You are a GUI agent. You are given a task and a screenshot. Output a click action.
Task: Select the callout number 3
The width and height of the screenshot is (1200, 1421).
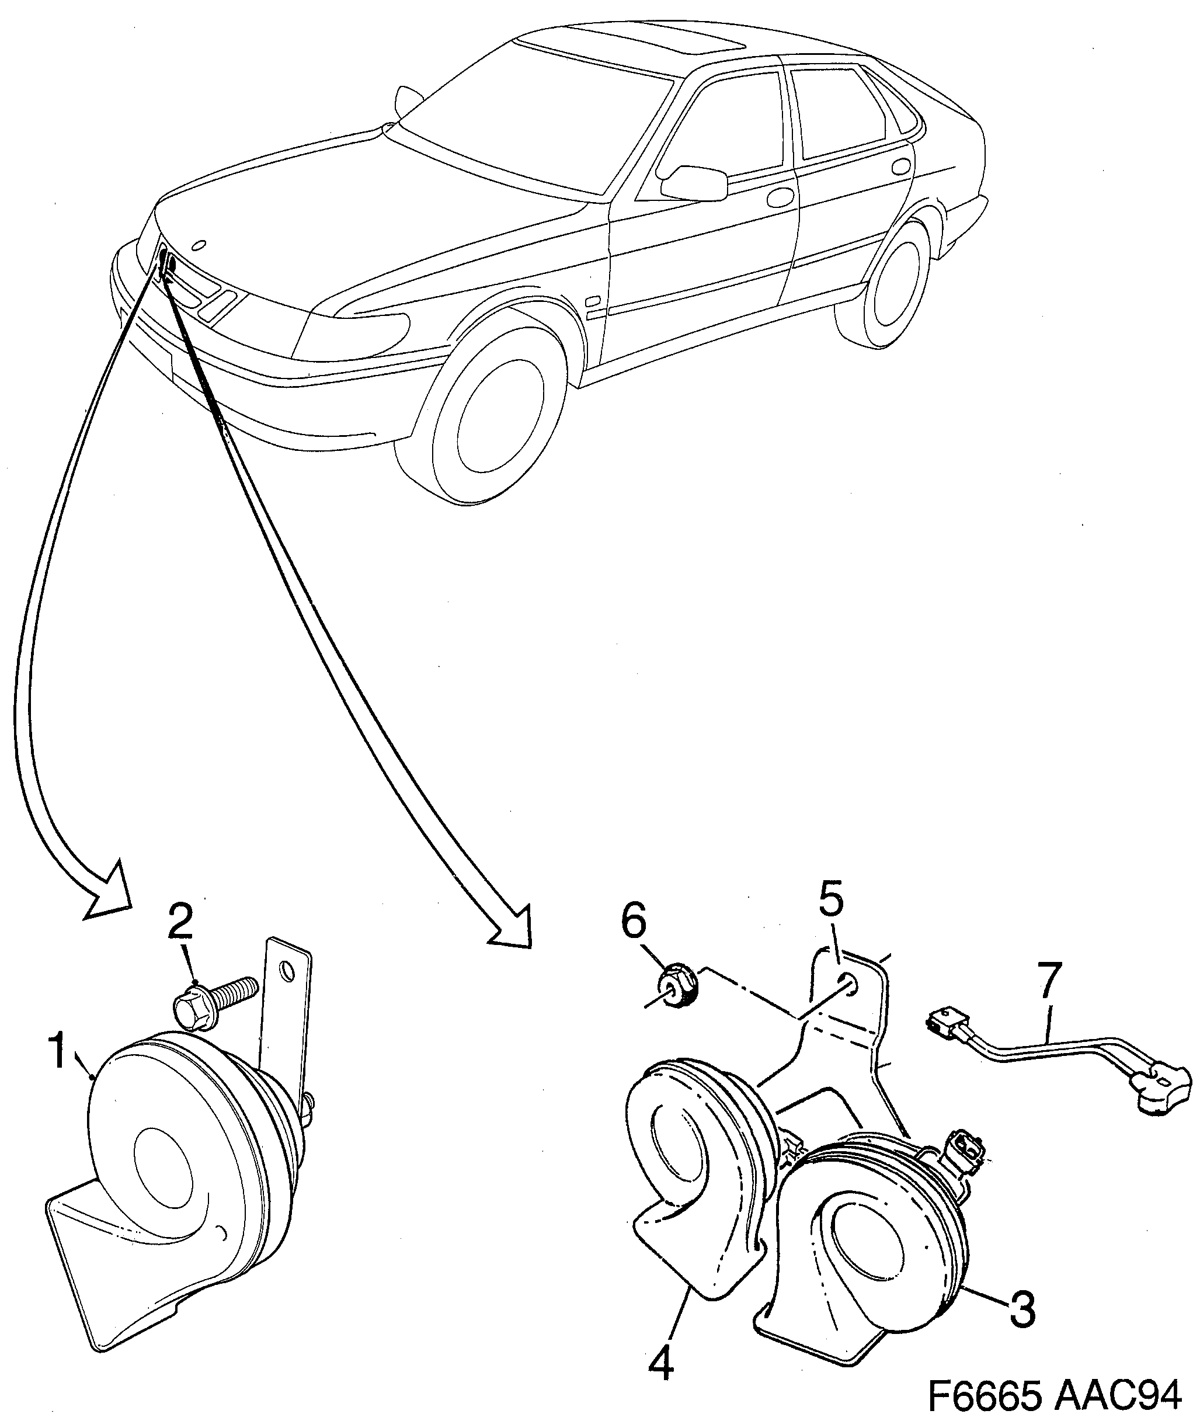pyautogui.click(x=1022, y=1309)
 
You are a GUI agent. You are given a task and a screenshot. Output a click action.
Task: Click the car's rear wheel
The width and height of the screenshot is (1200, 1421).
pyautogui.click(x=899, y=286)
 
